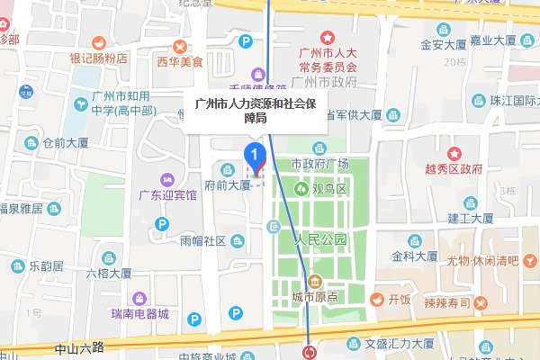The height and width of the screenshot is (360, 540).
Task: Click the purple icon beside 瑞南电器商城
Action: point(139,298)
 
